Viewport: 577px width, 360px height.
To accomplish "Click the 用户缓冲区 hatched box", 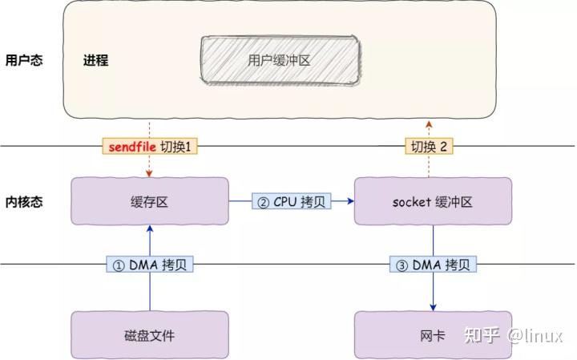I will pyautogui.click(x=277, y=60).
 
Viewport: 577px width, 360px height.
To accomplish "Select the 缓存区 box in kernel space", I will pyautogui.click(x=150, y=202).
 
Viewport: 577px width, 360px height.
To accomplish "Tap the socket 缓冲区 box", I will pyautogui.click(x=433, y=202).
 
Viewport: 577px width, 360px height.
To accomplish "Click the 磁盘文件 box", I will pyautogui.click(x=150, y=335).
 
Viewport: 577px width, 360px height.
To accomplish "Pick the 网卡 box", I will pyautogui.click(x=433, y=335).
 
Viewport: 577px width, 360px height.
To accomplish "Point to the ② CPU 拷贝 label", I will pyautogui.click(x=291, y=202).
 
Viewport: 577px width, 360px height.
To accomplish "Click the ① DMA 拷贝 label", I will pyautogui.click(x=151, y=264).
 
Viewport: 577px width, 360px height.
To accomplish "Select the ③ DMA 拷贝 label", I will pyautogui.click(x=434, y=264).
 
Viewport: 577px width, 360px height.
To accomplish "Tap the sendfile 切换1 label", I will pyautogui.click(x=150, y=147).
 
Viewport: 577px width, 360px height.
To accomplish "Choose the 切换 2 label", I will pyautogui.click(x=429, y=147).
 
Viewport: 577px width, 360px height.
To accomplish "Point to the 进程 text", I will pyautogui.click(x=95, y=60).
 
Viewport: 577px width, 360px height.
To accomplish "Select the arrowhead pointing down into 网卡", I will pyautogui.click(x=434, y=307).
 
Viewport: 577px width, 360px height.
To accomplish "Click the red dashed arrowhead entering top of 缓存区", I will pyautogui.click(x=150, y=174).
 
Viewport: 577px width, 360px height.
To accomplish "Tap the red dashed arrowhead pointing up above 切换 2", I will pyautogui.click(x=429, y=123).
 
